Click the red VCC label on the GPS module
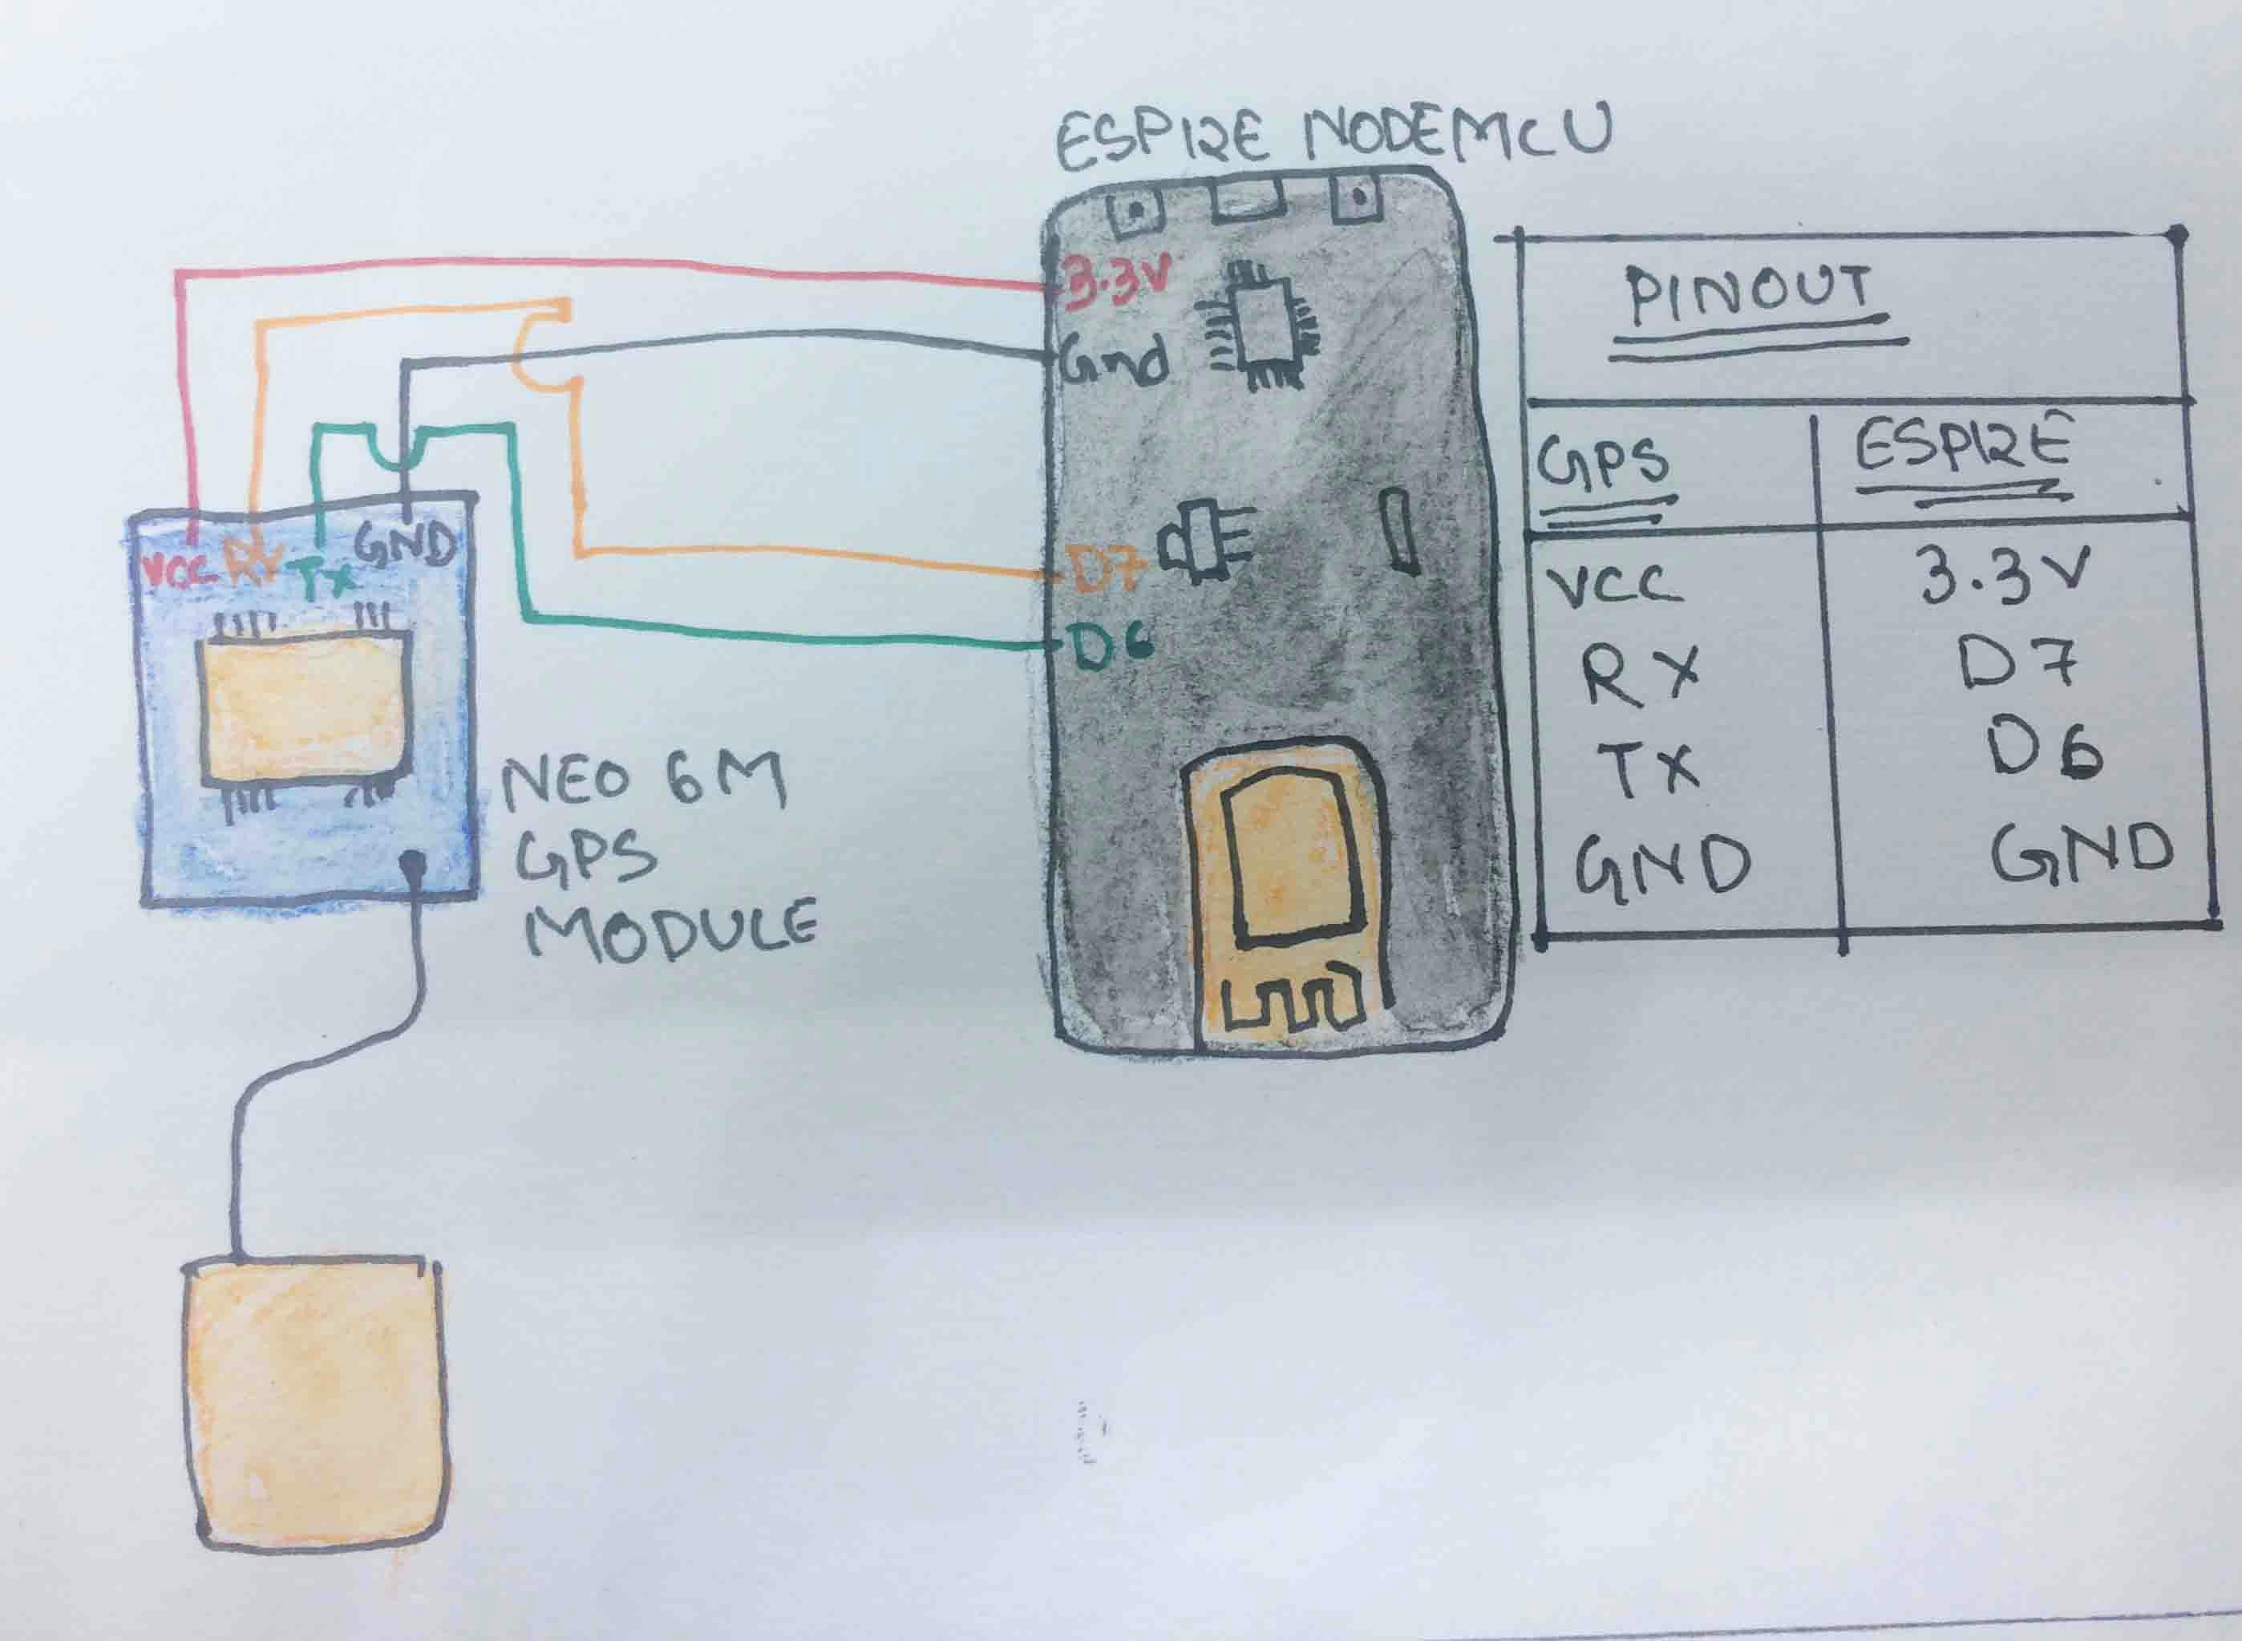(180, 573)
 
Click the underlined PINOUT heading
(1749, 296)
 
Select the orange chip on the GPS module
(304, 707)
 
